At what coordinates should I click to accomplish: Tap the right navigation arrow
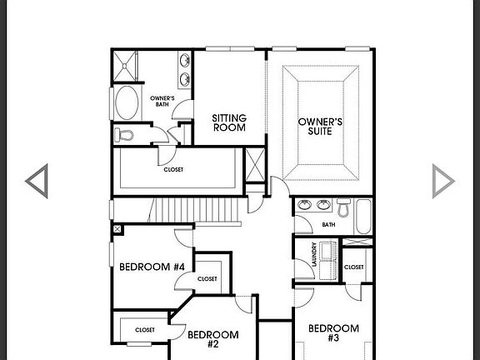444,181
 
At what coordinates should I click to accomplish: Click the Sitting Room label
228,122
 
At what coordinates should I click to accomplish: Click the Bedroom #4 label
152,267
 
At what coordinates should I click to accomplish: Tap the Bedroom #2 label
212,339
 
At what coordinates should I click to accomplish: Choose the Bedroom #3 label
334,332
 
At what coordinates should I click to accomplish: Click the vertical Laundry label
313,253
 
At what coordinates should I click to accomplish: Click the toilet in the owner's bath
125,136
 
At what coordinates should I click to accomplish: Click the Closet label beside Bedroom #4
207,279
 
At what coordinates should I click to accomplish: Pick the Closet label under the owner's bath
173,169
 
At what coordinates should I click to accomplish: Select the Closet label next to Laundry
353,267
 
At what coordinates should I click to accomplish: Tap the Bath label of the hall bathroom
328,224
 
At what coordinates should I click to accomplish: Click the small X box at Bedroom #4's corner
117,228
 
